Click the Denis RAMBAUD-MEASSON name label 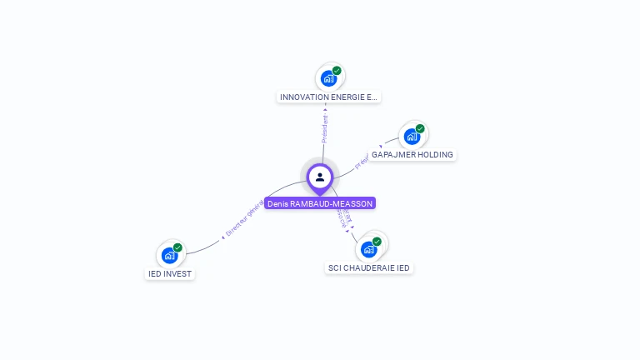click(x=320, y=203)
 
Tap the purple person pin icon click(x=320, y=177)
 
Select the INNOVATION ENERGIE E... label click(x=328, y=97)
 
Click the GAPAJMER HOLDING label click(x=412, y=155)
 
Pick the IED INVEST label click(x=170, y=273)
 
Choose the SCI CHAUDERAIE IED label click(x=369, y=268)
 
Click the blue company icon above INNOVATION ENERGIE click(x=329, y=78)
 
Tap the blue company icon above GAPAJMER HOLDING click(x=412, y=137)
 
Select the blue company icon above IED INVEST click(x=170, y=255)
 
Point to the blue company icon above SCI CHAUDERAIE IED click(x=368, y=249)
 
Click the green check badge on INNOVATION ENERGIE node click(x=337, y=71)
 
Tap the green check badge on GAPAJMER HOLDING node click(x=420, y=129)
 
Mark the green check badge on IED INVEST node click(x=177, y=247)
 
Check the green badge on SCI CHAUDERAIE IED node click(x=377, y=242)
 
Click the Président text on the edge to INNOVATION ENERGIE click(x=325, y=128)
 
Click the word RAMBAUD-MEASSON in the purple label click(x=331, y=203)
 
